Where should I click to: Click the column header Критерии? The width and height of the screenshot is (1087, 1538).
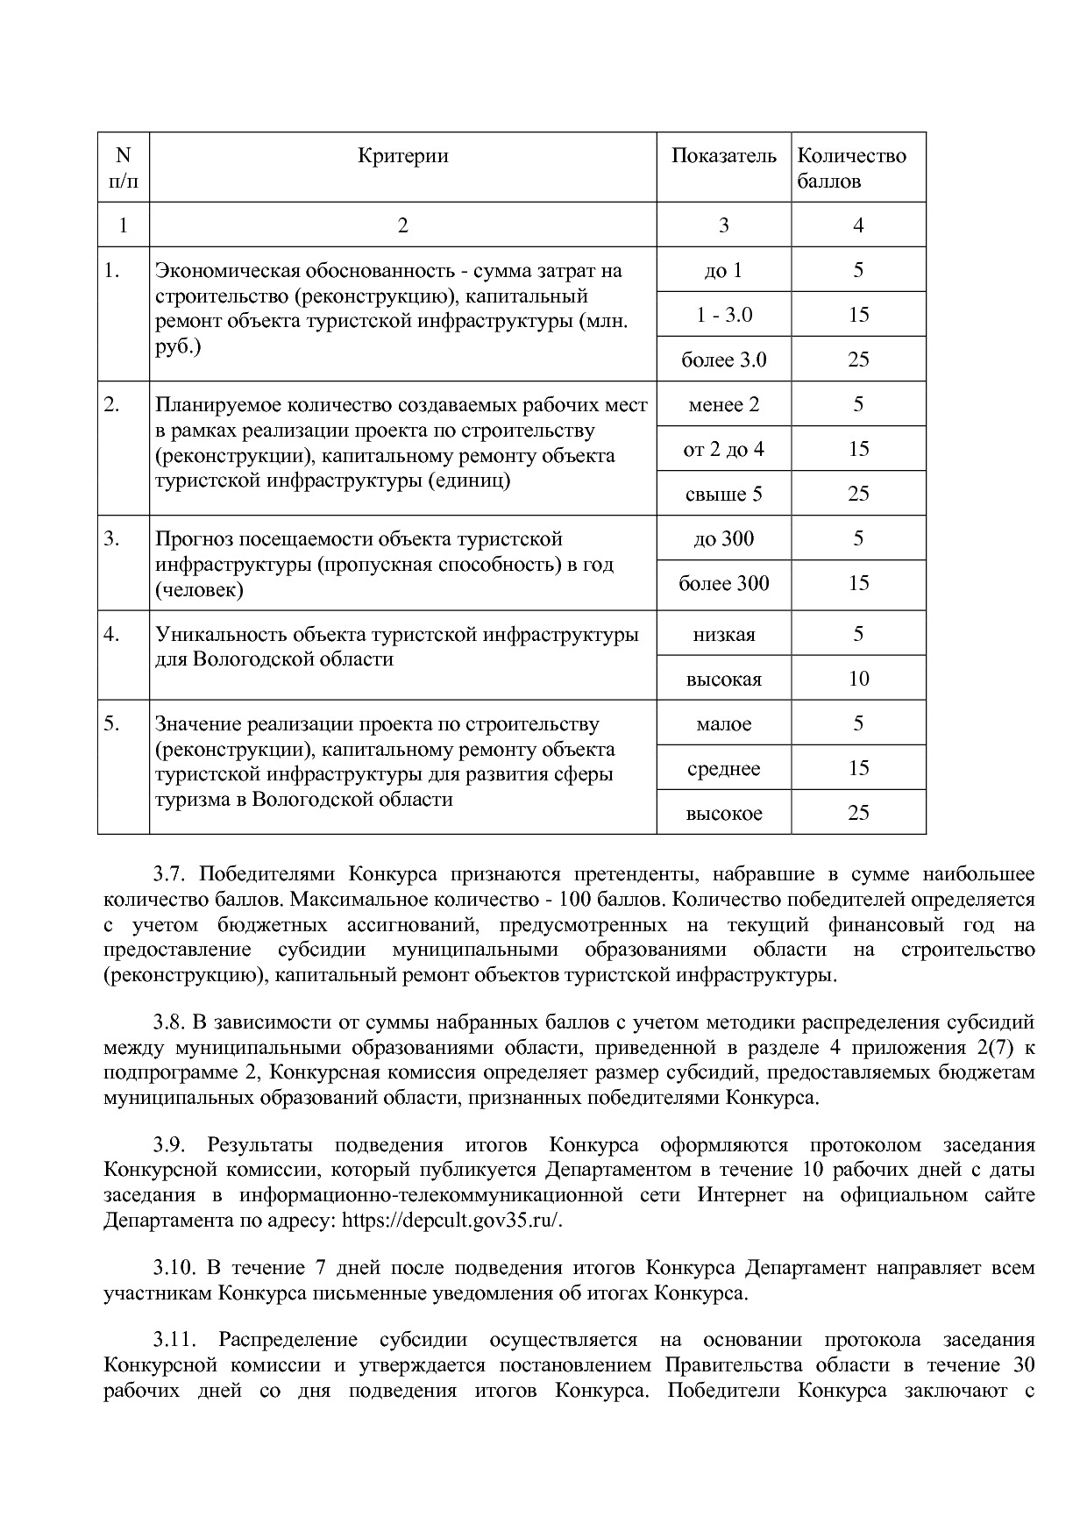pyautogui.click(x=402, y=156)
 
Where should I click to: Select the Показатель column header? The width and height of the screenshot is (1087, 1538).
pyautogui.click(x=723, y=156)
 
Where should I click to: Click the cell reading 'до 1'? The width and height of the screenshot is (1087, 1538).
pyautogui.click(x=723, y=270)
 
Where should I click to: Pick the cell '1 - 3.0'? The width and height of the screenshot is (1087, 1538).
pyautogui.click(x=723, y=315)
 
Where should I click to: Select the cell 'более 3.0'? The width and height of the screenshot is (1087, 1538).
pyautogui.click(x=723, y=360)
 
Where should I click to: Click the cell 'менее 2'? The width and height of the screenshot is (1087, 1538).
pyautogui.click(x=723, y=404)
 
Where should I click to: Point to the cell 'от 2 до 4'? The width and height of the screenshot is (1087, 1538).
pyautogui.click(x=723, y=449)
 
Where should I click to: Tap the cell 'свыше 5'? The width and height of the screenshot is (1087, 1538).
pyautogui.click(x=723, y=494)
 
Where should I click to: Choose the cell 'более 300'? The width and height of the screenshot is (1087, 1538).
pyautogui.click(x=723, y=583)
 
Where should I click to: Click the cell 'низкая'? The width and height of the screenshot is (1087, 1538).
pyautogui.click(x=723, y=634)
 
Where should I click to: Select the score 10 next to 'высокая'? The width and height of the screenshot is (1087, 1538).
pyautogui.click(x=858, y=679)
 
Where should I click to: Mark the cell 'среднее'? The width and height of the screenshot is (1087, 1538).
pyautogui.click(x=723, y=768)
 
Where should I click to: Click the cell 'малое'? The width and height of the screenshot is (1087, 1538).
pyautogui.click(x=723, y=723)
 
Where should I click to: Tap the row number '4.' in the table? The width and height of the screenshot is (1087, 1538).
pyautogui.click(x=111, y=634)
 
